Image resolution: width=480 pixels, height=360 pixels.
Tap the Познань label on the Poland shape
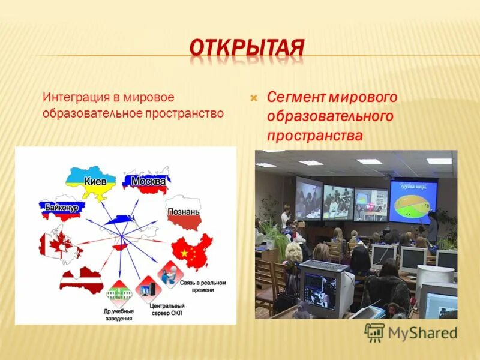tap(184, 212)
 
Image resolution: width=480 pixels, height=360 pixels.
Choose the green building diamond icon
tap(118, 293)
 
